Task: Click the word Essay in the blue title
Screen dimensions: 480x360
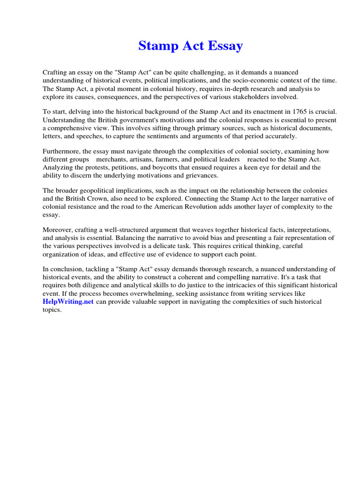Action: [223, 46]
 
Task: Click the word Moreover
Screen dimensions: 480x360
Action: [58, 230]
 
